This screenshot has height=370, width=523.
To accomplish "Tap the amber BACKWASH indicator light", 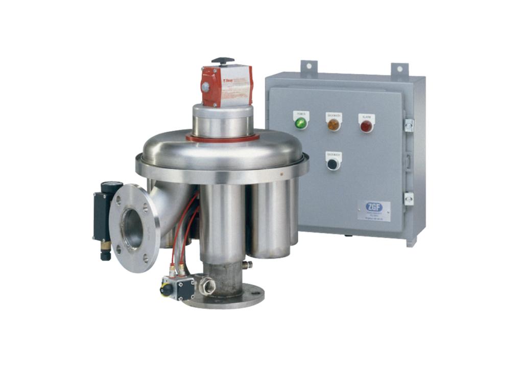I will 333,124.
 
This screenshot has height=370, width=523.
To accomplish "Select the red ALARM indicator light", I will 366,125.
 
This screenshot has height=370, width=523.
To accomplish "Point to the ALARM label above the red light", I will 366,116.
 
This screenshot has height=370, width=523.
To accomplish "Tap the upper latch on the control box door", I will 408,124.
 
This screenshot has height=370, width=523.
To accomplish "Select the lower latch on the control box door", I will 408,198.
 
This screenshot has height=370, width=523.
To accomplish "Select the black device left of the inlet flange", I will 100,217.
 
